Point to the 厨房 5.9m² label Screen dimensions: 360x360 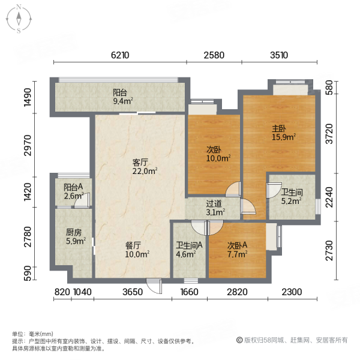[x=75, y=236]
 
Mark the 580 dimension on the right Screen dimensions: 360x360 [x=328, y=88]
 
